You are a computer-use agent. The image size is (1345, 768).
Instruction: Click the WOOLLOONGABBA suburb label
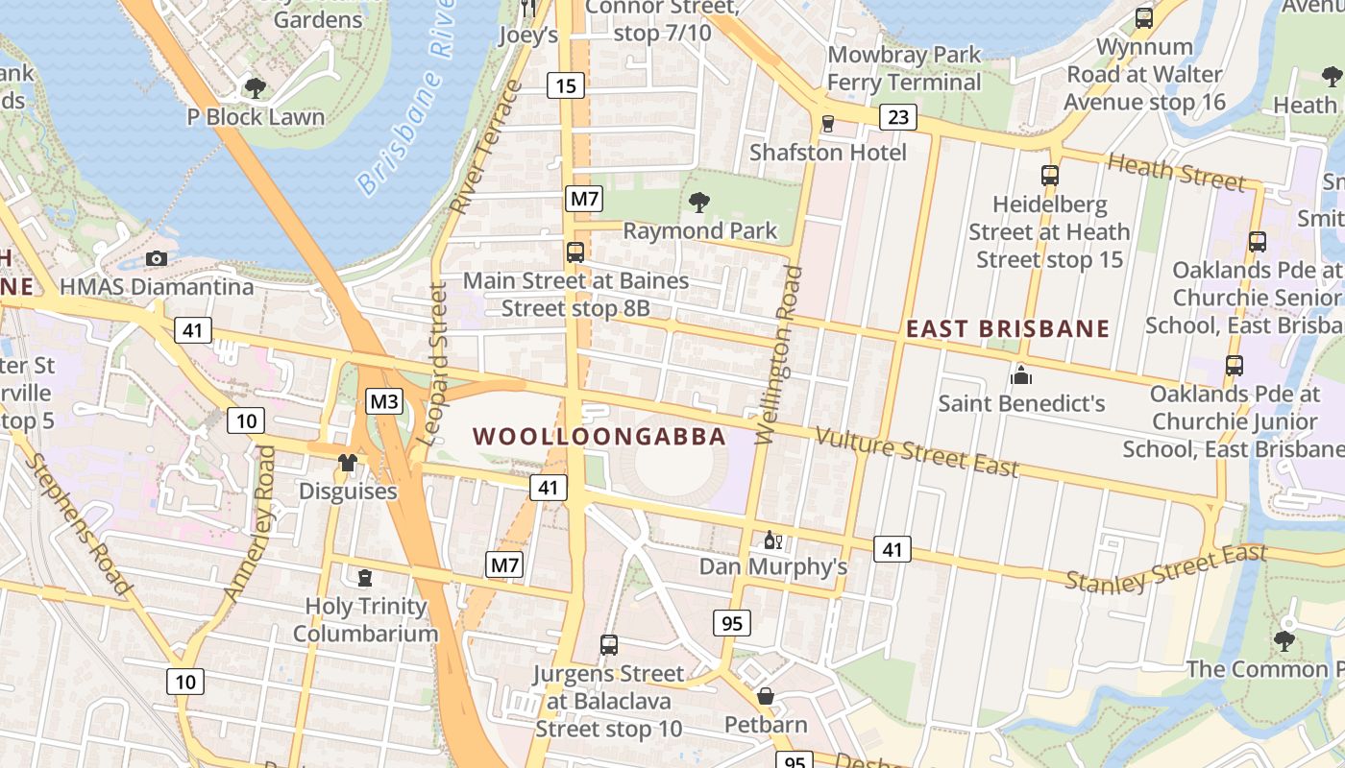[x=599, y=437]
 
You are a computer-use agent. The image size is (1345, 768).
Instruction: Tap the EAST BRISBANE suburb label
[x=1008, y=328]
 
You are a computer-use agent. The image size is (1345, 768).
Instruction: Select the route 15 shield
[x=566, y=86]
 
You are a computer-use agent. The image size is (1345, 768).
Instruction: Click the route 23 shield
[x=898, y=118]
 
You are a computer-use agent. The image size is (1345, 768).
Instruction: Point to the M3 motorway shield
[x=383, y=401]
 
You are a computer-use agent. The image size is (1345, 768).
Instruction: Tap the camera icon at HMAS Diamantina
[x=157, y=258]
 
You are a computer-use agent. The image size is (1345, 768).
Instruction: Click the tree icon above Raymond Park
[x=699, y=202]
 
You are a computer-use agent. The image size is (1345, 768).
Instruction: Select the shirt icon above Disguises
[x=348, y=463]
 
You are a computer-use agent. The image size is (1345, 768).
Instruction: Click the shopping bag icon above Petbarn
[x=766, y=696]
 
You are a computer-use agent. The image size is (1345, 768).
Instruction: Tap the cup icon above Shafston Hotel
[x=827, y=123]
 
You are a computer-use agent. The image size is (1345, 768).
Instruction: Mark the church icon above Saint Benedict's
[x=1021, y=374]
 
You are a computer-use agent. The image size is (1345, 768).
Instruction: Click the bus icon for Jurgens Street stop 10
[x=608, y=645]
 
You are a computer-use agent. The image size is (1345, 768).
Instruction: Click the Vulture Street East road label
[x=917, y=451]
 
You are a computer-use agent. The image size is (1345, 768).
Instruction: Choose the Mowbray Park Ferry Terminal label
[x=904, y=68]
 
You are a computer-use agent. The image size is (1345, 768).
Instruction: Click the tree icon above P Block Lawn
[x=256, y=88]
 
